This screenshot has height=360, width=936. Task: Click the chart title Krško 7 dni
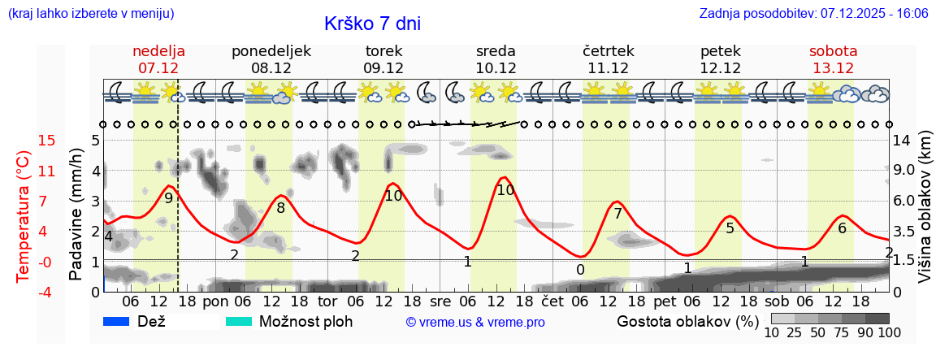(x=372, y=24)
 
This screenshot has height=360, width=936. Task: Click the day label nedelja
(x=158, y=51)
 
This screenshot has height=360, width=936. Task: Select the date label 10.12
(x=496, y=68)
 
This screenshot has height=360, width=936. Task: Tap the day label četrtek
(x=609, y=51)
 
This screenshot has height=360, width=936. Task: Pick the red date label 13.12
(x=833, y=68)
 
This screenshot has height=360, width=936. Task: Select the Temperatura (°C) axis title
(x=23, y=216)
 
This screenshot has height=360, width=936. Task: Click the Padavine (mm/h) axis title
(x=76, y=215)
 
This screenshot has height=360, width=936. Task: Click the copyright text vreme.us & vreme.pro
(x=475, y=323)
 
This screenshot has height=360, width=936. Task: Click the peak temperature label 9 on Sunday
(x=168, y=197)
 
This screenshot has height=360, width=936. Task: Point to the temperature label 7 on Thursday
(x=617, y=214)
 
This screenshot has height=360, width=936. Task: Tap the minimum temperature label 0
(x=580, y=270)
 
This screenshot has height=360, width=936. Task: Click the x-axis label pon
(x=215, y=301)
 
